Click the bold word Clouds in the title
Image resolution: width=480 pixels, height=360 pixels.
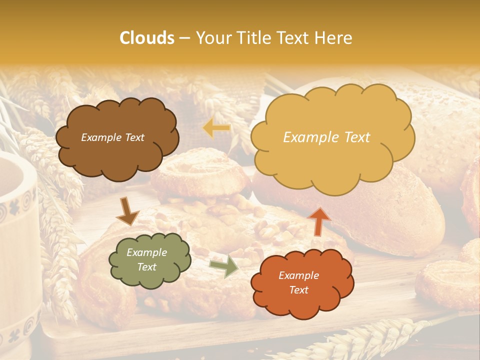(147, 38)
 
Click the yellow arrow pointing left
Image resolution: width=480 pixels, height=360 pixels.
(216, 128)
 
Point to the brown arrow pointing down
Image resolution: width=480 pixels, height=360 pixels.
(127, 211)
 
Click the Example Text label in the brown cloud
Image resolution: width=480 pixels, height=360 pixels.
(112, 137)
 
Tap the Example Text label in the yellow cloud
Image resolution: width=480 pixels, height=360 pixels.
(326, 137)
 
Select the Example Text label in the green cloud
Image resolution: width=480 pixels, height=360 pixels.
(147, 260)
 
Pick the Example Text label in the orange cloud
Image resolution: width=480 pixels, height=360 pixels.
(298, 282)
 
